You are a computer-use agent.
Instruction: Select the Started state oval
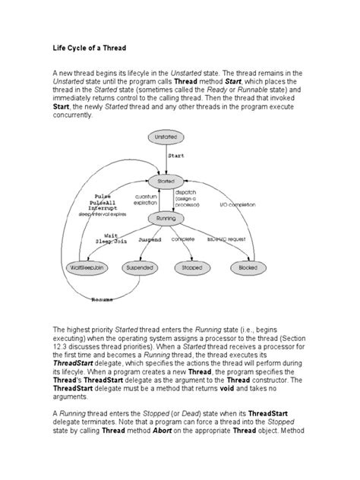[x=165, y=182]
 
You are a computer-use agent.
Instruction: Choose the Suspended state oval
[x=141, y=268]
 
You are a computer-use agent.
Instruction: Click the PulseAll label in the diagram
[x=107, y=202]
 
